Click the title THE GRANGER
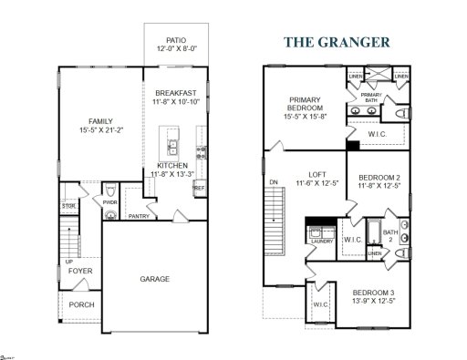click(x=337, y=41)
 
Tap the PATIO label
click(x=176, y=40)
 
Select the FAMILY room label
click(x=100, y=121)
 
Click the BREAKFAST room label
click(x=176, y=93)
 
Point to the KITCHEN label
click(x=172, y=165)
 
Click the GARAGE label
click(x=154, y=279)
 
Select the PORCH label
click(x=81, y=304)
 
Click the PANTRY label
click(x=139, y=217)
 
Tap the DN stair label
click(x=273, y=182)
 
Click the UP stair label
click(x=68, y=262)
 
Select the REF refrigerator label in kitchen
click(x=198, y=187)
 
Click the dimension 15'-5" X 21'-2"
click(x=100, y=131)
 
